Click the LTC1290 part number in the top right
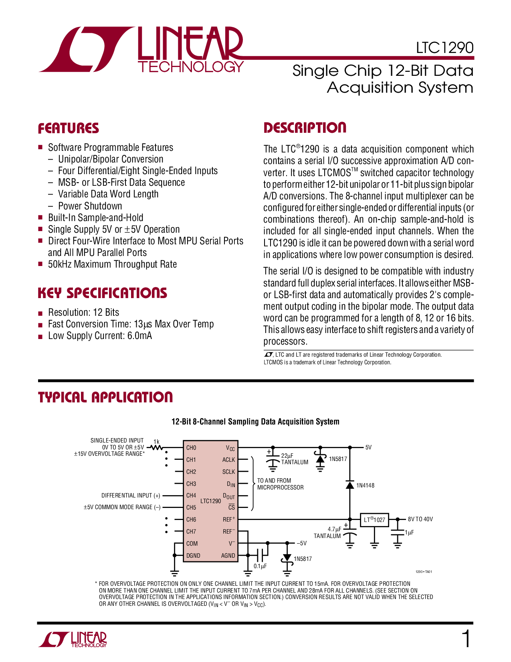[x=444, y=48]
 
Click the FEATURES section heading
[x=69, y=128]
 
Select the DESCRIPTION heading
[x=305, y=128]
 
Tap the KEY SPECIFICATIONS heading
[x=102, y=293]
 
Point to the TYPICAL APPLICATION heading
[x=105, y=397]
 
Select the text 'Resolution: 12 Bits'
[x=83, y=312]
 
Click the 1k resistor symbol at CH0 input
[x=156, y=447]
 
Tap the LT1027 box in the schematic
[x=374, y=520]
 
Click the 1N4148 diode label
[x=365, y=485]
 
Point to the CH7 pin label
[x=191, y=532]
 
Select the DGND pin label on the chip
[x=193, y=556]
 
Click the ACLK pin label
[x=228, y=460]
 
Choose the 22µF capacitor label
[x=287, y=456]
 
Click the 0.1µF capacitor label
[x=260, y=566]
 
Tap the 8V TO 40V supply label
[x=420, y=519]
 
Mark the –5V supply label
[x=302, y=543]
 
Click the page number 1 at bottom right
[x=466, y=639]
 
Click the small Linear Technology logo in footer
[x=73, y=640]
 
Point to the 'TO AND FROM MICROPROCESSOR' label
[x=280, y=484]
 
